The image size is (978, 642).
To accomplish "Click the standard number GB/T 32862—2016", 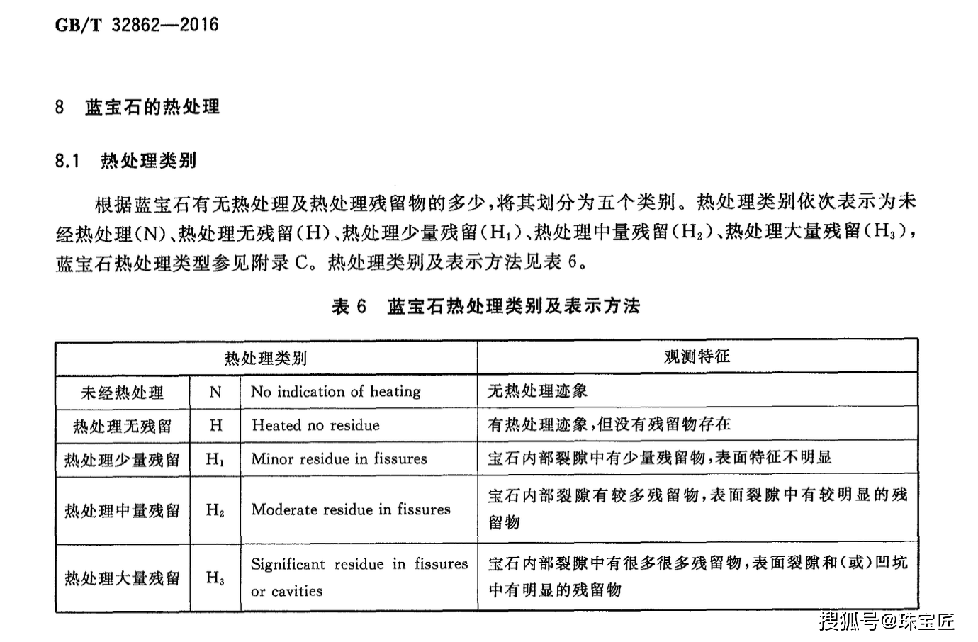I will (x=137, y=26).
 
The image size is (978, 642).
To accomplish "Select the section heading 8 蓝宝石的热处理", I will (x=137, y=108).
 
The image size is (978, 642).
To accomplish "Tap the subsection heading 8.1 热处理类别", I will (x=125, y=161).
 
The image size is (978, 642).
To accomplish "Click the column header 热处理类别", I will (x=266, y=358).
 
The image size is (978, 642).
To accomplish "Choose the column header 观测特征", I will (x=697, y=356).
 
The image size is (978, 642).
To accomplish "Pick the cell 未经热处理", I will (x=122, y=393).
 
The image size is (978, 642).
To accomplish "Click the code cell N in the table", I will (x=215, y=392).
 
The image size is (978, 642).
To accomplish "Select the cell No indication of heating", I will (x=336, y=392).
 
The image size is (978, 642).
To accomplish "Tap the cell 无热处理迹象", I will (x=537, y=390).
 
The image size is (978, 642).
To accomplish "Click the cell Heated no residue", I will (x=315, y=425).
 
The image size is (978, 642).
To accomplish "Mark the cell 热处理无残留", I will (x=122, y=426).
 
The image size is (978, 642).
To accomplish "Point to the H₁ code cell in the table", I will (x=215, y=459).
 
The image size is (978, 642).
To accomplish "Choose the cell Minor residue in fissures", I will (x=339, y=459).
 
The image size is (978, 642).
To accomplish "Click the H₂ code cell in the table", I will (x=215, y=510).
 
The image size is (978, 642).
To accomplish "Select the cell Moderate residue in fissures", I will (x=351, y=509).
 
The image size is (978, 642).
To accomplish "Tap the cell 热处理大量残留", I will (x=122, y=578).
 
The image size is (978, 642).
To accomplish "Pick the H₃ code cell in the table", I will (x=215, y=578).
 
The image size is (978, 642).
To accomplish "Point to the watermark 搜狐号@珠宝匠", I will (x=887, y=621).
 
